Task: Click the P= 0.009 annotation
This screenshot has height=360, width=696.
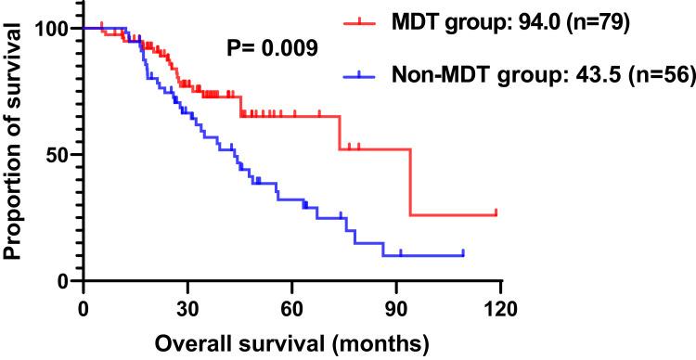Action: pyautogui.click(x=274, y=47)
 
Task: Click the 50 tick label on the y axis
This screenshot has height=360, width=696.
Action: pyautogui.click(x=59, y=154)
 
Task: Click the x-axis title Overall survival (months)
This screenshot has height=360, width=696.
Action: pyautogui.click(x=291, y=343)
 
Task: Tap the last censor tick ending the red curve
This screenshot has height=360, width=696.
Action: pyautogui.click(x=496, y=212)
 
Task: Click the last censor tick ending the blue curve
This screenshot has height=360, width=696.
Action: pyautogui.click(x=462, y=252)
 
